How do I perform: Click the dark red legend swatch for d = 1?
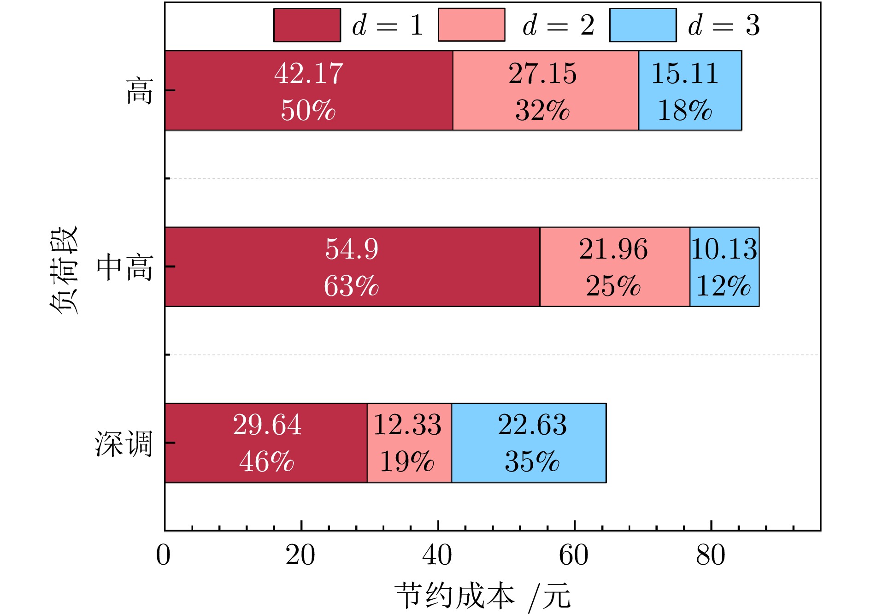point(307,25)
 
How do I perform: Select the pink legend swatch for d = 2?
point(471,25)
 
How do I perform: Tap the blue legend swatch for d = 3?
point(643,25)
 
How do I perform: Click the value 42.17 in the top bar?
point(309,74)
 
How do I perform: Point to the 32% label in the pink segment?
point(542,111)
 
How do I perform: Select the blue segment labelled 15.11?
point(690,90)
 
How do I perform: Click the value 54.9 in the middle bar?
point(352,249)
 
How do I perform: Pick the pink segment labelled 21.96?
point(615,267)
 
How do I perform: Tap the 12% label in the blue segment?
point(724,286)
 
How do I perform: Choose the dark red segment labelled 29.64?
point(266,443)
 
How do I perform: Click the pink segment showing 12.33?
point(409,443)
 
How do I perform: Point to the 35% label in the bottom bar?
point(532,461)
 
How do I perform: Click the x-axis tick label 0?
point(164,555)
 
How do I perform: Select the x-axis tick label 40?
point(437,555)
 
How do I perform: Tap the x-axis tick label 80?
point(711,555)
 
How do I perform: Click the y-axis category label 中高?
point(125,267)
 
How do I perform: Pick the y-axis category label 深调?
point(124,444)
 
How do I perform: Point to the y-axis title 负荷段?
point(64,270)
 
